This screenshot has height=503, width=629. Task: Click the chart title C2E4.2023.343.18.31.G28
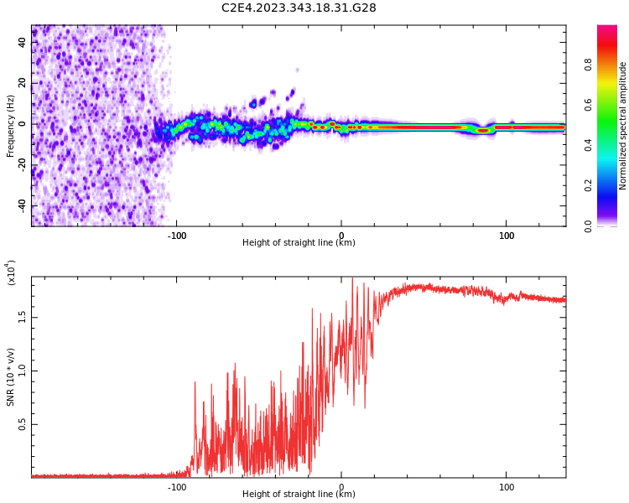(299, 8)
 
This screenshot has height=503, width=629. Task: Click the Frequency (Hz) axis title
(11, 126)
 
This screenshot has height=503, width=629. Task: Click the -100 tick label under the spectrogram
(177, 236)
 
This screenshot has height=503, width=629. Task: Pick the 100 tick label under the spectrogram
(507, 236)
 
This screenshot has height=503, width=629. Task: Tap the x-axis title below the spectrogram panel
(299, 243)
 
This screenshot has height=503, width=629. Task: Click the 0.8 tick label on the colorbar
(589, 63)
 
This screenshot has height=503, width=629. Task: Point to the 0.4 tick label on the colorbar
(589, 144)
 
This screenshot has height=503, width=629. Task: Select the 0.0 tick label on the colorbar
(589, 225)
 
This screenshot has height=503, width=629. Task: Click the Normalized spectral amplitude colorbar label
(623, 126)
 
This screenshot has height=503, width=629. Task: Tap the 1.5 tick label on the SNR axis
(23, 317)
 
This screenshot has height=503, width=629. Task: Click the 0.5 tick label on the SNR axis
(23, 424)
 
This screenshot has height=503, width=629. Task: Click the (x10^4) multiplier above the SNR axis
(11, 272)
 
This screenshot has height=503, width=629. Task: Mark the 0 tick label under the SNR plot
(341, 487)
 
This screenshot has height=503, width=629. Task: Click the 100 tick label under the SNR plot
(507, 487)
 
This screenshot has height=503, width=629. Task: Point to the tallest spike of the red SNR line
(352, 278)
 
